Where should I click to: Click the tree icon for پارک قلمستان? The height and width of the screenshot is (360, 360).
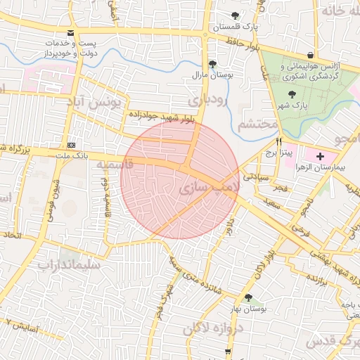coord(235,15)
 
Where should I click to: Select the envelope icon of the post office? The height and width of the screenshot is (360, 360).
coord(70,33)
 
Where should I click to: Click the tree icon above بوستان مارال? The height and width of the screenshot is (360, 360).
coord(212,63)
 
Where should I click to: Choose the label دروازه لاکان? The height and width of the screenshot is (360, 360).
coord(215,328)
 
